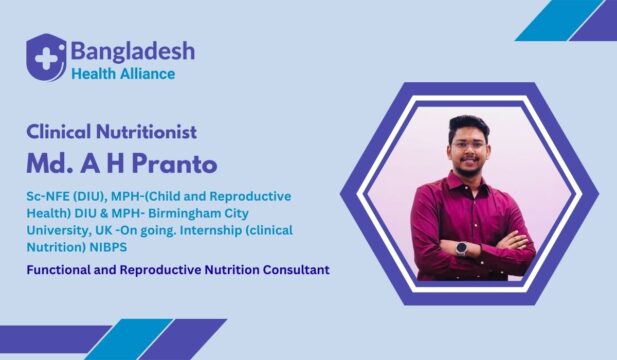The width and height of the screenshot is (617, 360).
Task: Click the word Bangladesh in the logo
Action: (132, 50)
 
